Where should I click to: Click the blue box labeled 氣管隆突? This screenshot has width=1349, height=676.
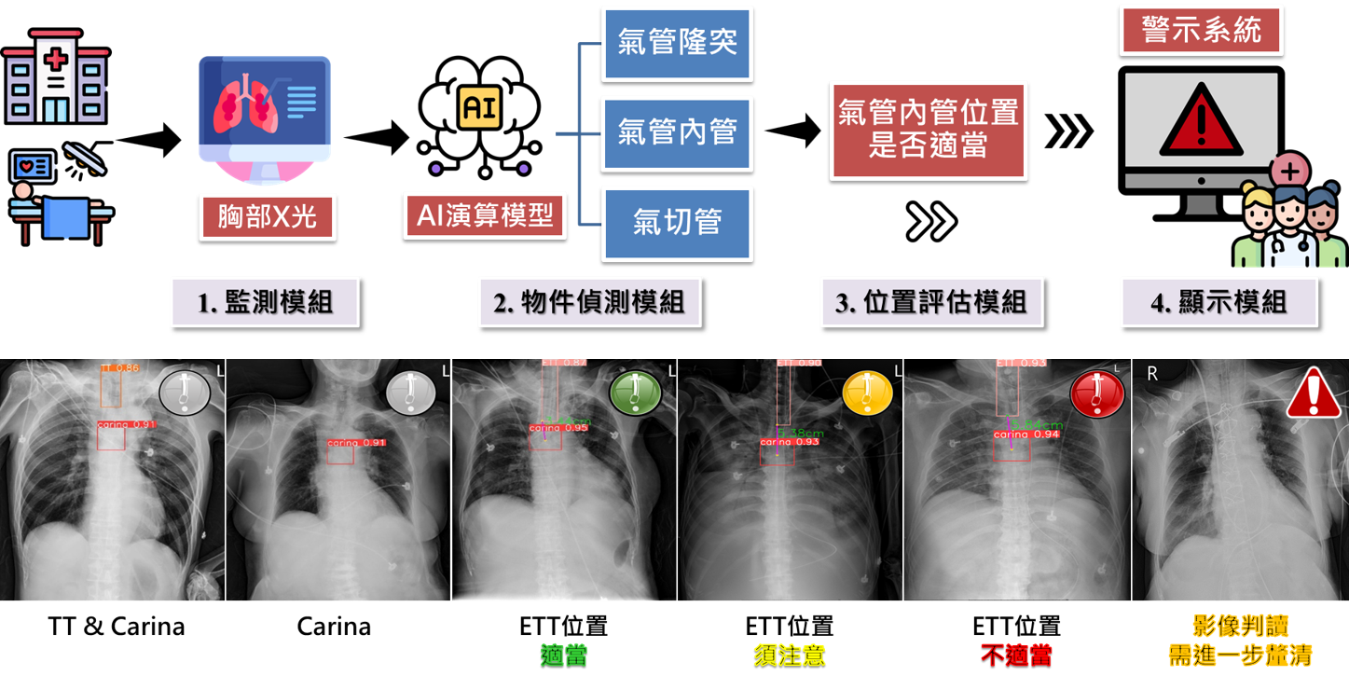click(x=677, y=43)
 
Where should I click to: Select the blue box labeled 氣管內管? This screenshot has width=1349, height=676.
click(x=677, y=132)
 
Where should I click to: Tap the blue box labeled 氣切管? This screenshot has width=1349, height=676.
click(x=677, y=223)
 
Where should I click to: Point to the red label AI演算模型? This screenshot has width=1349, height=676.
click(x=485, y=216)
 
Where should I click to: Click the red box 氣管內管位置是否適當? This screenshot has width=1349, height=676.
click(x=928, y=130)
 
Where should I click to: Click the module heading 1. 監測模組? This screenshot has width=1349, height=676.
click(x=265, y=302)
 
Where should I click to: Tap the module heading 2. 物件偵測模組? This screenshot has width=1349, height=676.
click(x=589, y=302)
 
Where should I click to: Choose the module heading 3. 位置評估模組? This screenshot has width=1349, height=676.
click(x=931, y=302)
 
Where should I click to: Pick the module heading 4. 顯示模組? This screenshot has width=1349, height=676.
click(x=1219, y=302)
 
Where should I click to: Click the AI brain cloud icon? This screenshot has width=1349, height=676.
click(x=479, y=110)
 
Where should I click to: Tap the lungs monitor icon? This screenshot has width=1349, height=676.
click(x=265, y=112)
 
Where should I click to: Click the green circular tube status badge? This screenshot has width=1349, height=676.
click(x=636, y=392)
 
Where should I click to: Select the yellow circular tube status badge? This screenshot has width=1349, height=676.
click(x=867, y=392)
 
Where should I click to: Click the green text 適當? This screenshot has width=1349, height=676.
click(x=564, y=655)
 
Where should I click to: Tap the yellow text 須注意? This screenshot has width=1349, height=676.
click(x=790, y=655)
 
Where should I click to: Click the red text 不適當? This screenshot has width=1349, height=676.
click(x=1016, y=655)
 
